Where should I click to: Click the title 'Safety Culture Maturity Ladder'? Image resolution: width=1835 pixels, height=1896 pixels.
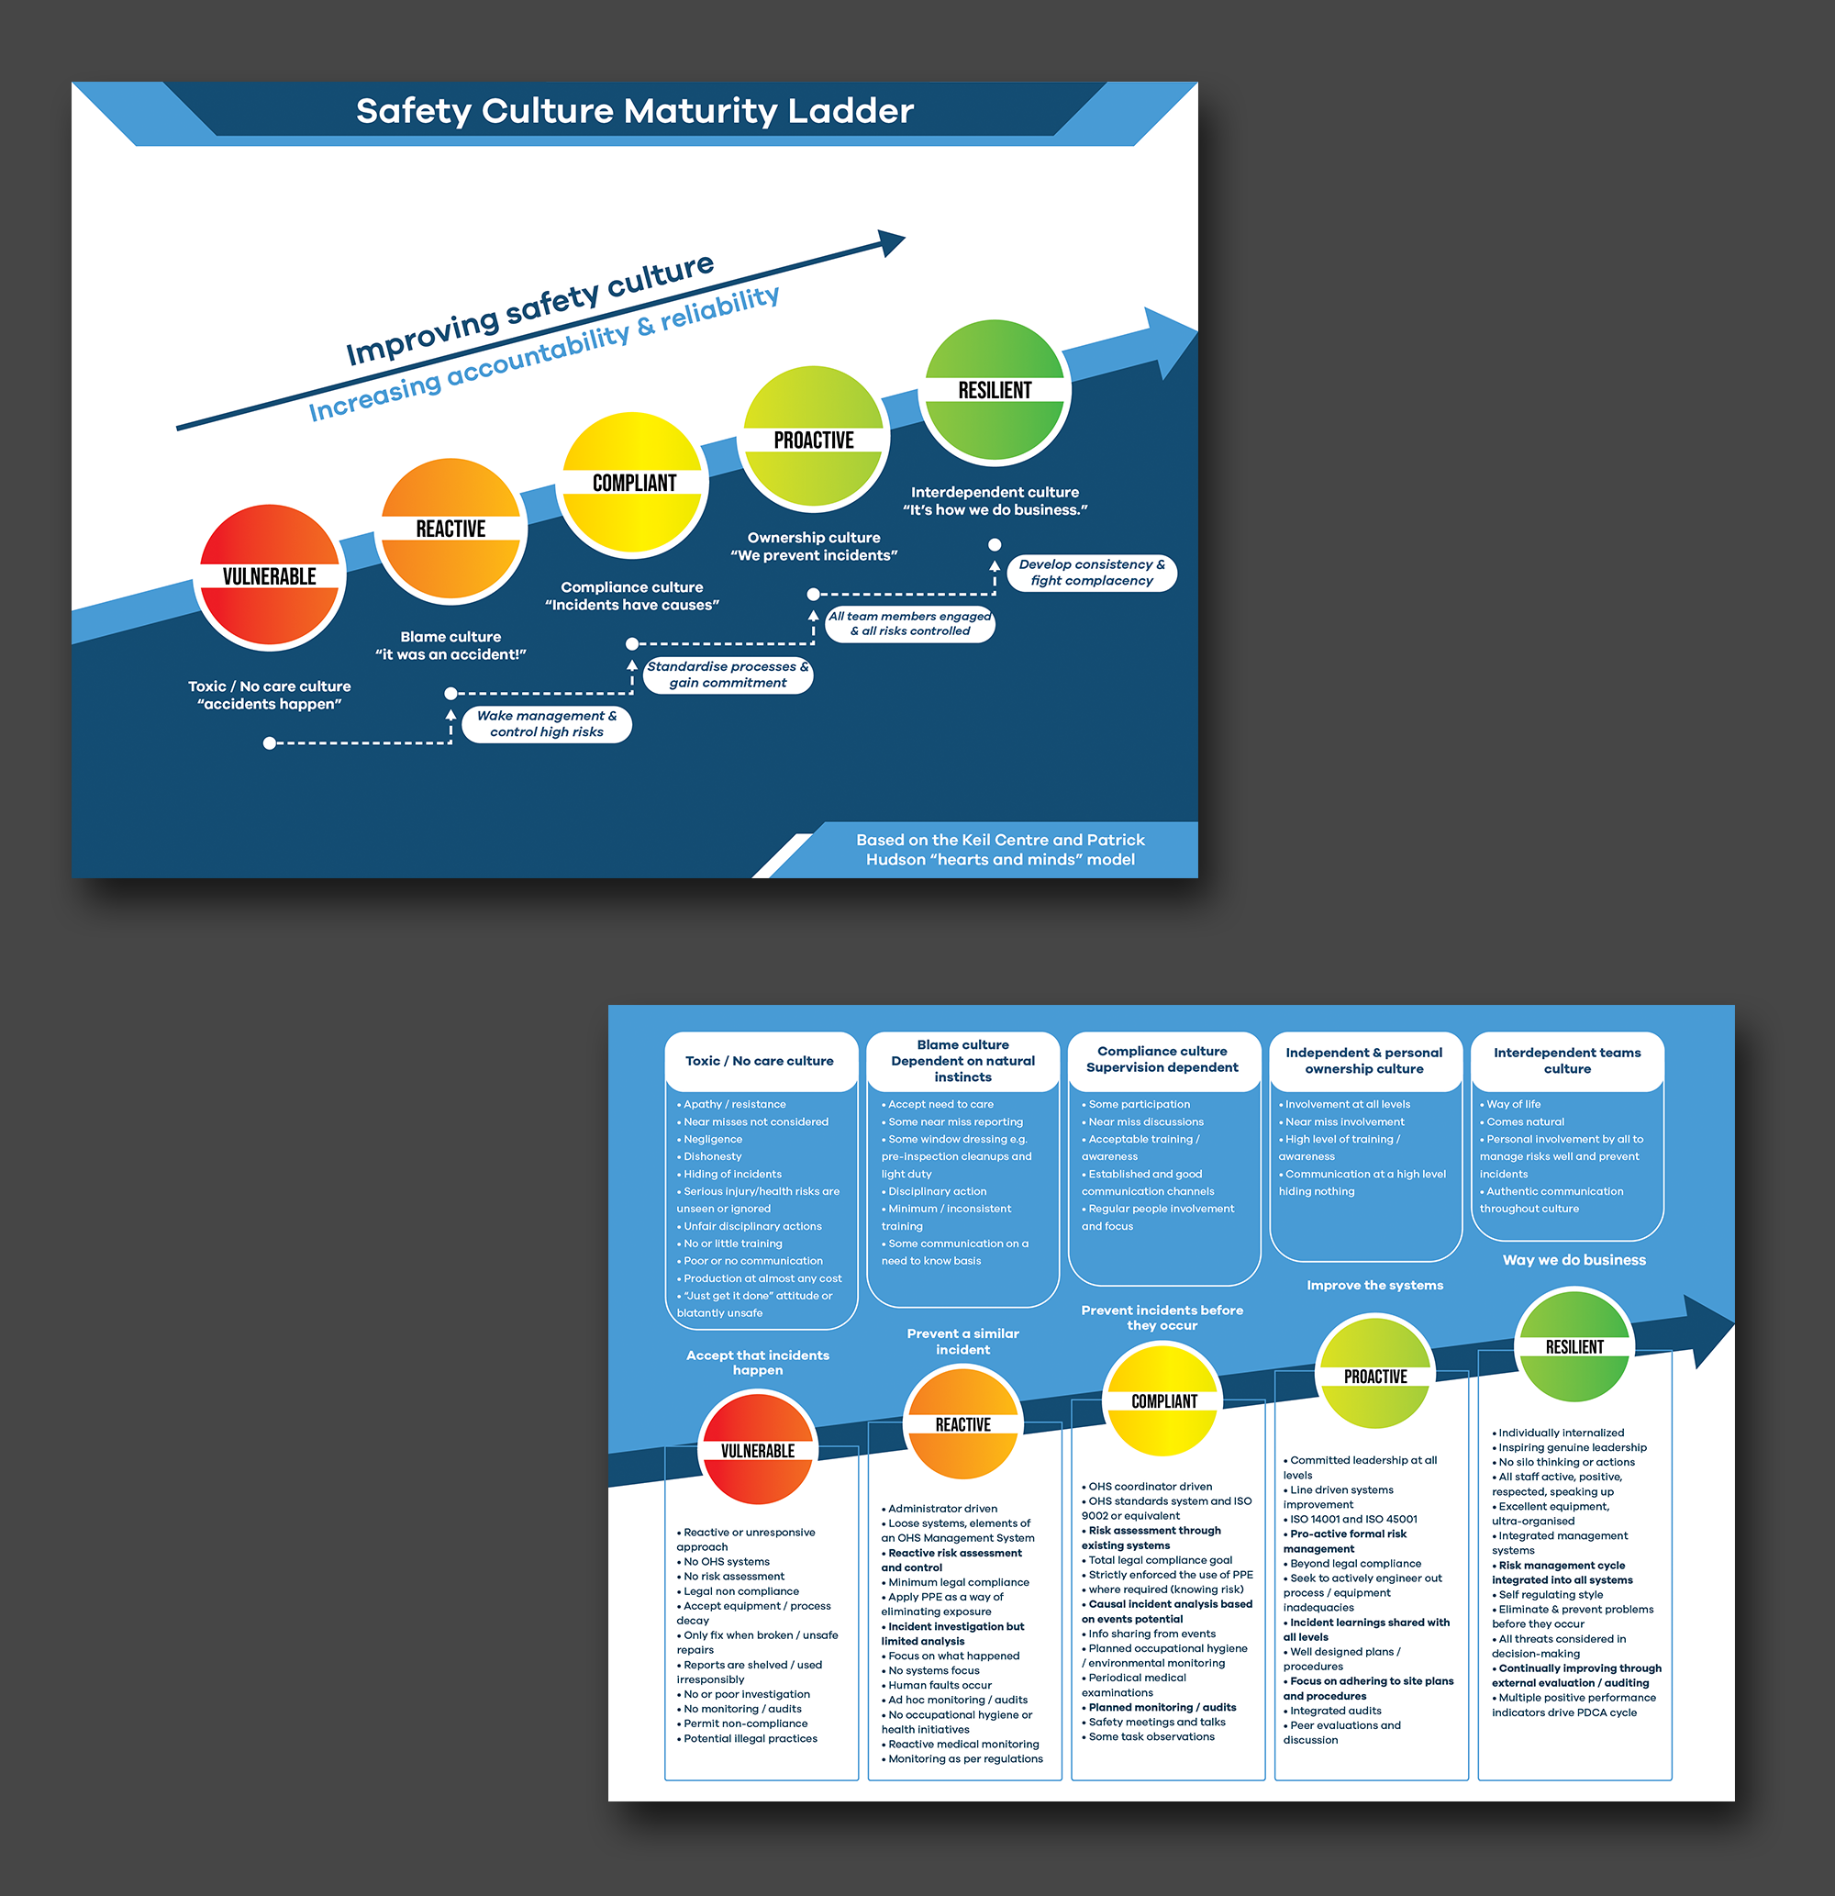pos(635,111)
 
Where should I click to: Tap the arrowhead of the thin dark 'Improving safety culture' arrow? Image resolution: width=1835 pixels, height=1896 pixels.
pos(893,242)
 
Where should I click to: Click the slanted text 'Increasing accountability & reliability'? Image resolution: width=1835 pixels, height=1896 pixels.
pos(544,354)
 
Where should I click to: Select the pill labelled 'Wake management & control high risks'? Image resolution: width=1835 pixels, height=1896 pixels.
pos(547,723)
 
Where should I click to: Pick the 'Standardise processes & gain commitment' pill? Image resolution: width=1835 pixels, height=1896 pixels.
pos(728,675)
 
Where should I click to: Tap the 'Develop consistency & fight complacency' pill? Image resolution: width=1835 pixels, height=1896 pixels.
pos(1091,572)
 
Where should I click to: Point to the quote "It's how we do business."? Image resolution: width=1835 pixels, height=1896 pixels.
pos(995,510)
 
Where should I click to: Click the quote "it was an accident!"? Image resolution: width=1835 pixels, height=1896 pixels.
pos(450,655)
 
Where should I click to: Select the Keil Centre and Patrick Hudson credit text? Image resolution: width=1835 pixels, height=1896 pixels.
pos(1000,849)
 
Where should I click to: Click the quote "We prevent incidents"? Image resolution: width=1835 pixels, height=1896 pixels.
pos(814,555)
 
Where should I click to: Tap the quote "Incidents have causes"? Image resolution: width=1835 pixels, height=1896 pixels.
pos(631,605)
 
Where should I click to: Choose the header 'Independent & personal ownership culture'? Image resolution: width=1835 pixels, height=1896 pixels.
pos(1364,1060)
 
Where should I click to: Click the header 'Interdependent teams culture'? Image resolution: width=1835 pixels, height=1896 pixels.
pos(1567,1060)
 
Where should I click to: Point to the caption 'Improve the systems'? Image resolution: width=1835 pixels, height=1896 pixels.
pos(1374,1285)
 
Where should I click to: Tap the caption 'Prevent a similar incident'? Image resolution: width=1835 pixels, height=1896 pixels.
pos(962,1341)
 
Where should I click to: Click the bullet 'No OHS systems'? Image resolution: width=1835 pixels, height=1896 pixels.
pos(727,1561)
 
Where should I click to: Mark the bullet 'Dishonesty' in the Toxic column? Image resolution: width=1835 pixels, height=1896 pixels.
pos(713,1156)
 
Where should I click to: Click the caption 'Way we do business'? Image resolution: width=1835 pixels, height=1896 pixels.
pos(1574,1259)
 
